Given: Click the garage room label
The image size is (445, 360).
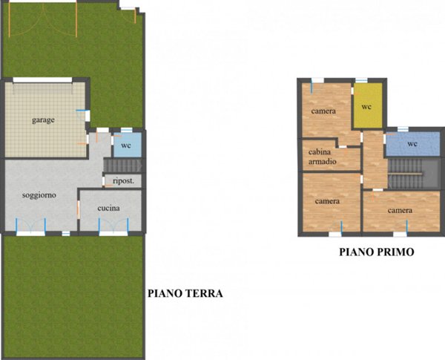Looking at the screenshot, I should tap(43, 120).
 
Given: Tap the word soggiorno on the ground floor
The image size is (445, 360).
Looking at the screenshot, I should tap(37, 194).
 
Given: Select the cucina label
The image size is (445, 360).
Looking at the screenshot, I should tap(109, 209).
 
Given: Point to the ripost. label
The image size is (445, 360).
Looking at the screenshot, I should tap(123, 180).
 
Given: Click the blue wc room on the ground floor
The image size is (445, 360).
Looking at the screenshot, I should tap(126, 143).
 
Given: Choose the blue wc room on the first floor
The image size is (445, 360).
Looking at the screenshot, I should tap(411, 143).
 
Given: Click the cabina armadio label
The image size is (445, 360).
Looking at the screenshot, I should tap(323, 157).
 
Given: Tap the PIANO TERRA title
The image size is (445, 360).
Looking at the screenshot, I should tap(185, 293).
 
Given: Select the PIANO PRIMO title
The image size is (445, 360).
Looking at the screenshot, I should tap(376, 252).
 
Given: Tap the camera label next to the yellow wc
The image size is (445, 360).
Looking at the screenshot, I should tap(323, 111).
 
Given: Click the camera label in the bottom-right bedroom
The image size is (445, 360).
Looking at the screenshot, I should tap(400, 211).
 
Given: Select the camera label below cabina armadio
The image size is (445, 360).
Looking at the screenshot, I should tap(327, 201).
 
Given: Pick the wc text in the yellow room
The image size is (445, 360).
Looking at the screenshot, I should tap(366, 107).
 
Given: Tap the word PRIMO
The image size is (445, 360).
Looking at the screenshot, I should tap(395, 252).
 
